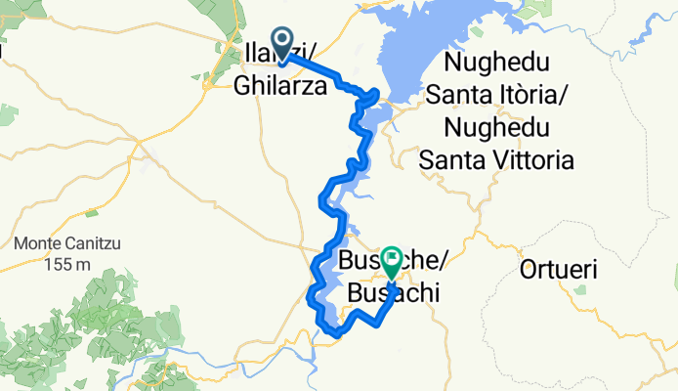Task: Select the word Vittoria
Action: [x=528, y=158]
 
